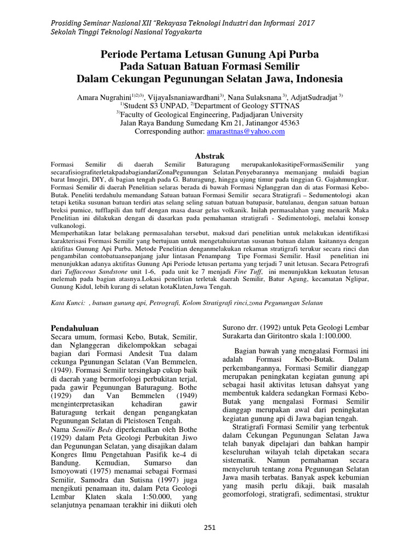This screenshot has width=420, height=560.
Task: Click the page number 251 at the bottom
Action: tap(209, 528)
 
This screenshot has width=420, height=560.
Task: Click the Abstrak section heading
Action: tap(209, 156)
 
